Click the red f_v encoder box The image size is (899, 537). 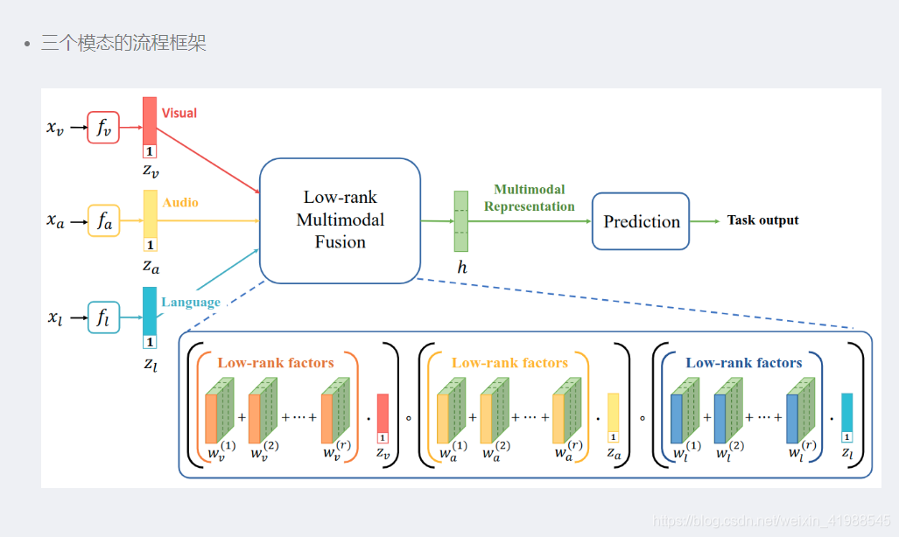click(103, 128)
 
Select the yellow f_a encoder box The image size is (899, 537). click(103, 222)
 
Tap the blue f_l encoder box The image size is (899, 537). click(103, 317)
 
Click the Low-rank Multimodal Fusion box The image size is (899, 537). click(340, 220)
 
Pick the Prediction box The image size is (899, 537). click(641, 221)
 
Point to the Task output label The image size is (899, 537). click(762, 220)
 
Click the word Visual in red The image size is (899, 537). click(179, 113)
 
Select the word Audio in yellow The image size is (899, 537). click(180, 202)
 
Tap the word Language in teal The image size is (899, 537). click(191, 302)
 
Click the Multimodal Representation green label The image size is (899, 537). click(530, 198)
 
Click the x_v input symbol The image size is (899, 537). click(55, 129)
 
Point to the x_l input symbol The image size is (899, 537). click(55, 317)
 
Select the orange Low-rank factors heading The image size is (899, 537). click(276, 362)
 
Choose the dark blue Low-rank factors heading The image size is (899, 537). click(743, 362)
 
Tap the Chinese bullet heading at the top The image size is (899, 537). click(123, 43)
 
